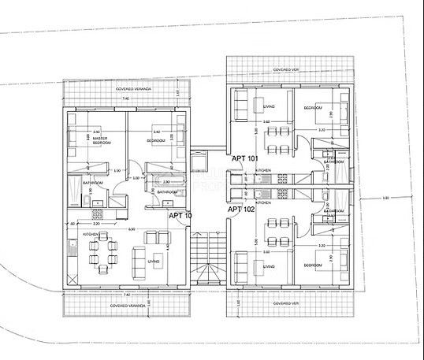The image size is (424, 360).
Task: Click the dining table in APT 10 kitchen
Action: click(x=102, y=253)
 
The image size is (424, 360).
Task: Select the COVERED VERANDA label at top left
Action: click(x=133, y=89)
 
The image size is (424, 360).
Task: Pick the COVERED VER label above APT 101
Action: click(x=287, y=69)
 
